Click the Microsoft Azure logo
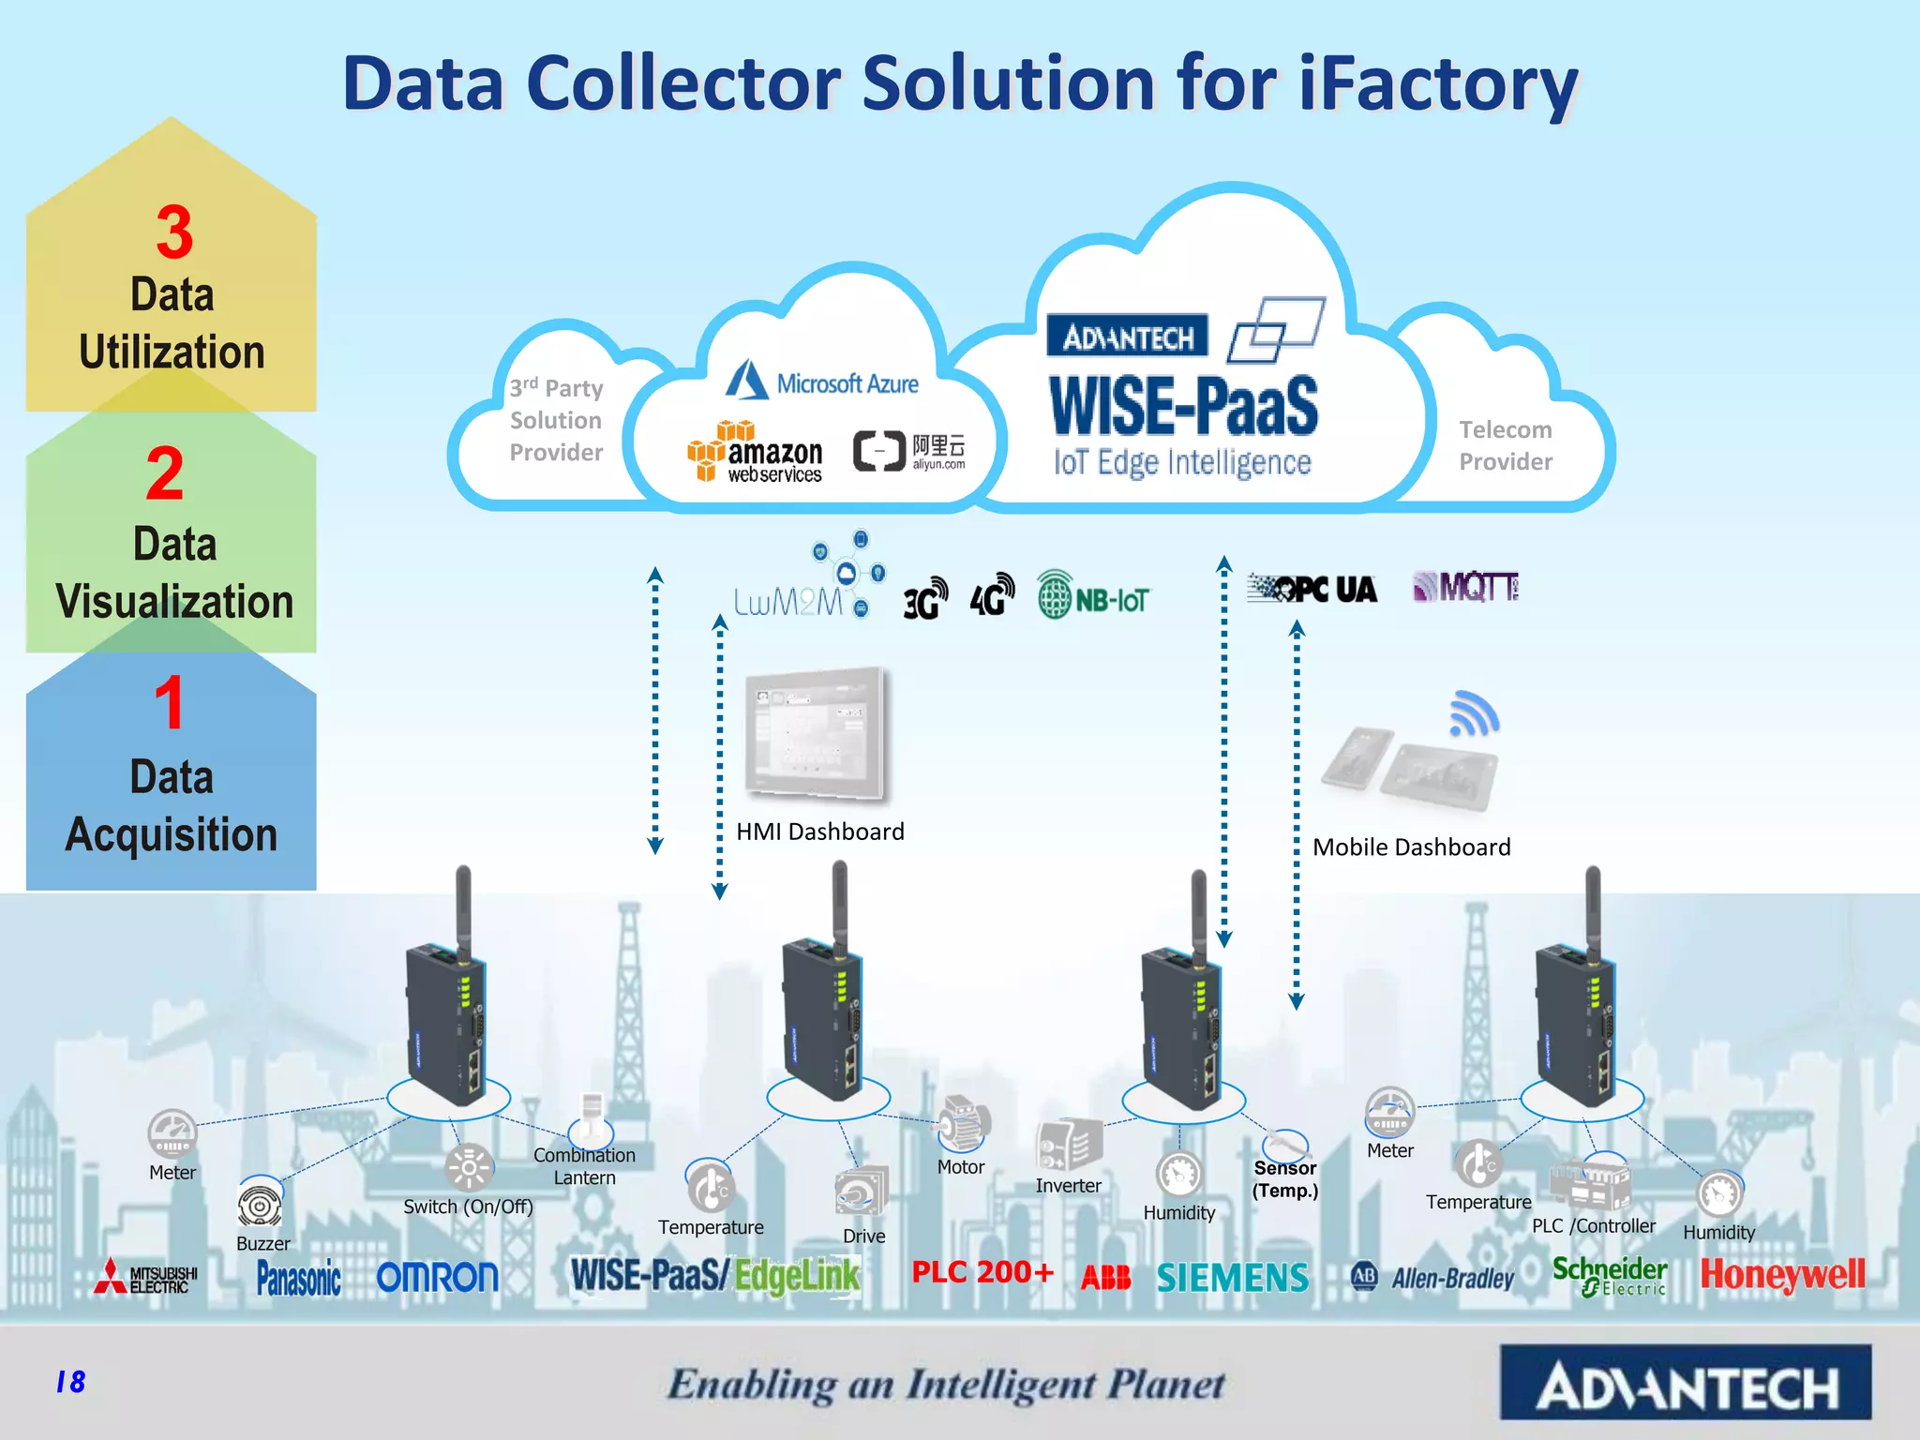822,382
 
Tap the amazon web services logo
756,453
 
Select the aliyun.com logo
909,451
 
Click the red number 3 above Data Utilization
174,232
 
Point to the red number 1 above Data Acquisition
170,702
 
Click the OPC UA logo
1312,589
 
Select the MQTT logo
1465,588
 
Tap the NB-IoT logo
1092,595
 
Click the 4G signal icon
992,595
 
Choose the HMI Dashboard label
820,832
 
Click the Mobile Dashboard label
1411,847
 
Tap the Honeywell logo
1782,1275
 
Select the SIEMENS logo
1232,1278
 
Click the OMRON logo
437,1278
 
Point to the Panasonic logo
298,1278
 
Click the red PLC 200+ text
982,1272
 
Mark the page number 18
70,1382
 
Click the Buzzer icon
260,1205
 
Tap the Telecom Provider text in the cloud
1505,445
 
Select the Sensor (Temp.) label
1284,1179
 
